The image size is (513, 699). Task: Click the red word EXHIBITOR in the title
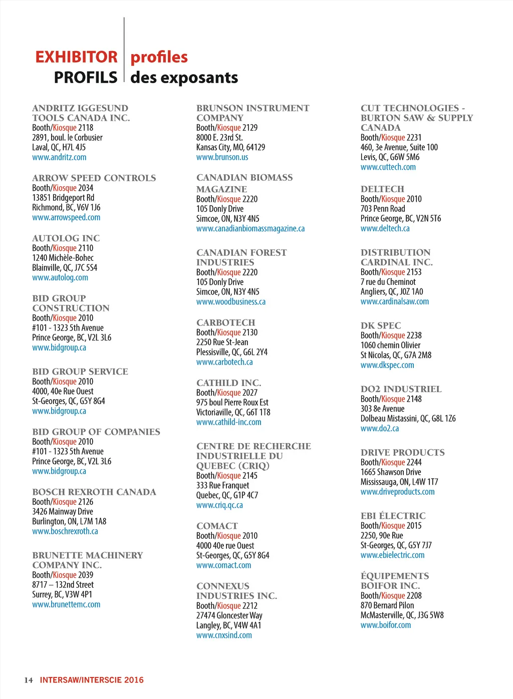point(76,57)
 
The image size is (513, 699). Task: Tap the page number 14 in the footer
point(29,680)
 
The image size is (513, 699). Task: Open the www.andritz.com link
point(59,157)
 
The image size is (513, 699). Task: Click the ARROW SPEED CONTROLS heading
point(94,178)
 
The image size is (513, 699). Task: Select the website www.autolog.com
point(60,277)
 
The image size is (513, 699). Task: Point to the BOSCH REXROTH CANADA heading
point(94,492)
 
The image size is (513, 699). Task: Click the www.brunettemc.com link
point(66,604)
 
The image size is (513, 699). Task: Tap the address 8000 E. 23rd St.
point(219,137)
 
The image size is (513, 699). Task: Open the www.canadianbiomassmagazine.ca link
point(250,228)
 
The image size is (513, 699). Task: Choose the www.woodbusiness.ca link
point(231,301)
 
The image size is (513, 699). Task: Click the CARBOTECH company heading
point(226,322)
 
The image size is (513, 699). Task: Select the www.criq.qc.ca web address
point(219,505)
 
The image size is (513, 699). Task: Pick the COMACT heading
point(217,526)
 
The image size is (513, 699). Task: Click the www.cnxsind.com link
point(224,635)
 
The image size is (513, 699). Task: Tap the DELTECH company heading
point(382,189)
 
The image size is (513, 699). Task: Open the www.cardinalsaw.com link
point(395,301)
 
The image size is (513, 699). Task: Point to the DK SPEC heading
point(381,325)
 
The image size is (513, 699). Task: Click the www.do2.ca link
point(380,428)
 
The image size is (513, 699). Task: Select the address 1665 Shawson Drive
point(391,472)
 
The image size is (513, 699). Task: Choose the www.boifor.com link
point(386,625)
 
